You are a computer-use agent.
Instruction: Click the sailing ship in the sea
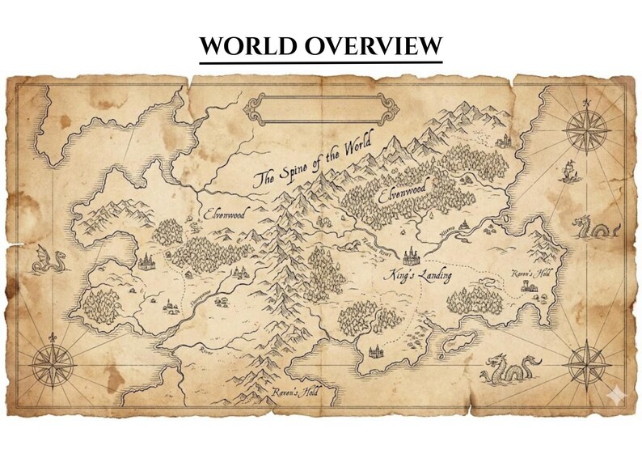568,170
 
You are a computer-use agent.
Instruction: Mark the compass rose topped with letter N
587,129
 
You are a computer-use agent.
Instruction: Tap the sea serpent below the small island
509,370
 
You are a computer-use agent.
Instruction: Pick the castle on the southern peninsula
376,350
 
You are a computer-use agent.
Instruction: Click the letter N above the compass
587,102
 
